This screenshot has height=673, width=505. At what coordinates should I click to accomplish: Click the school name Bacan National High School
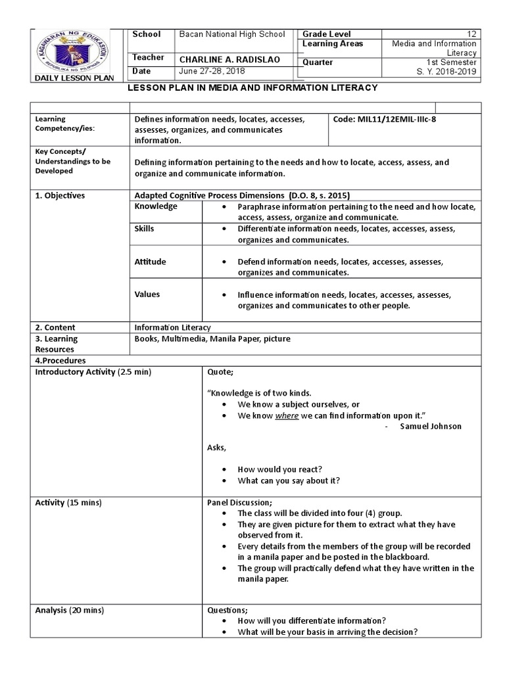pos(232,34)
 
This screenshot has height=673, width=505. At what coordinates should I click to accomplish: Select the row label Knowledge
pos(156,206)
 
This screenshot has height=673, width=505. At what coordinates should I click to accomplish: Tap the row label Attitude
pos(150,262)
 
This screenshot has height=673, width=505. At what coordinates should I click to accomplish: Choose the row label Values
pos(147,294)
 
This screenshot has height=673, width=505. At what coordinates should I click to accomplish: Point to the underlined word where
pos(287,416)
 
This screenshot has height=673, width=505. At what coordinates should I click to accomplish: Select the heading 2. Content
pos(55,327)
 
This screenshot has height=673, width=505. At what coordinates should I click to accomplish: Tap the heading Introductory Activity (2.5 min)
pos(93,373)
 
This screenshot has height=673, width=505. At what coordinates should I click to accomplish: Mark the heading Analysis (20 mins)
pos(69,611)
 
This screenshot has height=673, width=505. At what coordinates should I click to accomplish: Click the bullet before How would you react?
pos(225,470)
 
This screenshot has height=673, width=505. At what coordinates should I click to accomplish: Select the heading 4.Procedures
pos(60,361)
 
